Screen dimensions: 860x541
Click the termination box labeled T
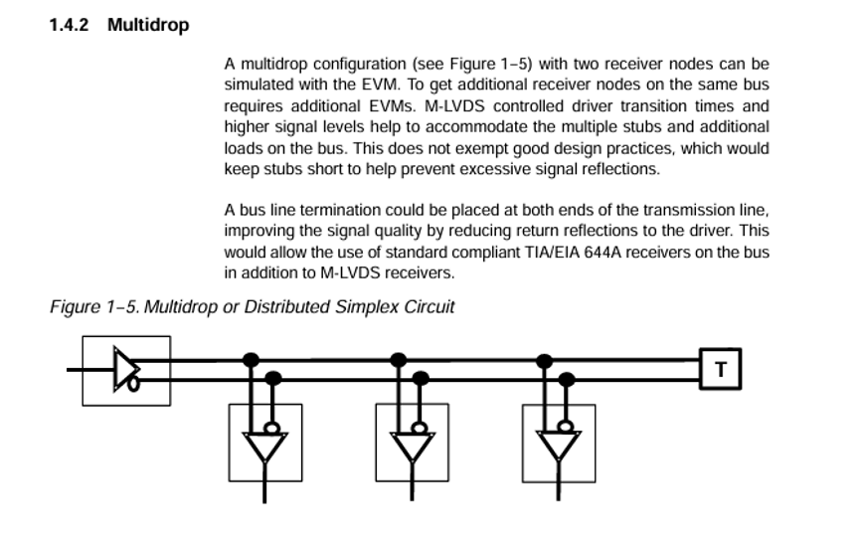coord(721,369)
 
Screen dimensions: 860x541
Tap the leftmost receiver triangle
coord(264,447)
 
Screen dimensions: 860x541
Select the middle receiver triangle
coord(412,447)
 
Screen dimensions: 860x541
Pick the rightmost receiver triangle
coord(559,447)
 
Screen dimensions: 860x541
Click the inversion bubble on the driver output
coord(133,385)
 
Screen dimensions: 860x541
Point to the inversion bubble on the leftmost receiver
coord(272,428)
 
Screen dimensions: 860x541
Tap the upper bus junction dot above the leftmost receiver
coord(251,360)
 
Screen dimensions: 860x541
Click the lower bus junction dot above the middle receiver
coord(421,378)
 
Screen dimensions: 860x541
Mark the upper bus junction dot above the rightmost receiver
coord(544,360)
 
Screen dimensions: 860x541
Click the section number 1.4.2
coord(69,25)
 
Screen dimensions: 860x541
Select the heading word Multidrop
coord(148,25)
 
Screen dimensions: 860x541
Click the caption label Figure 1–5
coord(94,306)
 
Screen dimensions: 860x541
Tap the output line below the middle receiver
coord(412,481)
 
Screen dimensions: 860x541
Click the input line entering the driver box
coord(90,370)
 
